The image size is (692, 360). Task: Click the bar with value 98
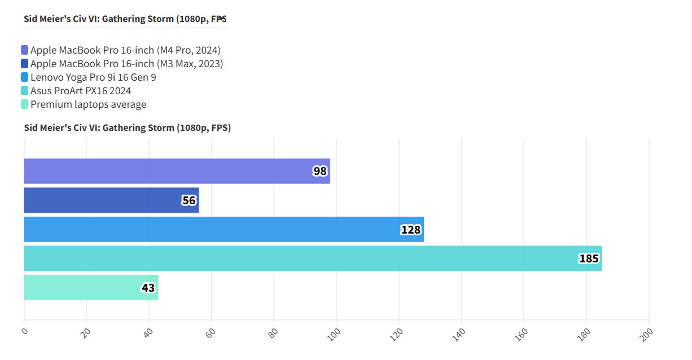coord(177,171)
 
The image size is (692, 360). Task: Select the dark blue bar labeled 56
coord(111,200)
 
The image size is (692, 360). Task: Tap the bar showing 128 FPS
coord(224,229)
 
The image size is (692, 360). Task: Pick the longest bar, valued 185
coord(313,258)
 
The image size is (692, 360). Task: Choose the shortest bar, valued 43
coord(91,288)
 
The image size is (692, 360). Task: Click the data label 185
coord(589,259)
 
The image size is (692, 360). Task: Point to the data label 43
coord(148,288)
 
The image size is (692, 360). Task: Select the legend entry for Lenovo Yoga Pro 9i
coord(93,77)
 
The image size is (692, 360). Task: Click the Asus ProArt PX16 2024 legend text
coord(81,91)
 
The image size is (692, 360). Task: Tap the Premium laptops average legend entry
coord(88,104)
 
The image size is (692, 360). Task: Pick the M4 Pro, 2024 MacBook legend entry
coord(125,50)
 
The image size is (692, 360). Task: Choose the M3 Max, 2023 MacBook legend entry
coord(126,64)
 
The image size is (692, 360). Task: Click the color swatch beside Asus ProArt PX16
coord(24,91)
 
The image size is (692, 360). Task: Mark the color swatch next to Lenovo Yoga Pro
coord(24,77)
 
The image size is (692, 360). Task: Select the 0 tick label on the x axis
coord(24,331)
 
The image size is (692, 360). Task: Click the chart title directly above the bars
coord(127,128)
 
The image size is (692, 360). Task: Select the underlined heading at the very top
coord(125,19)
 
